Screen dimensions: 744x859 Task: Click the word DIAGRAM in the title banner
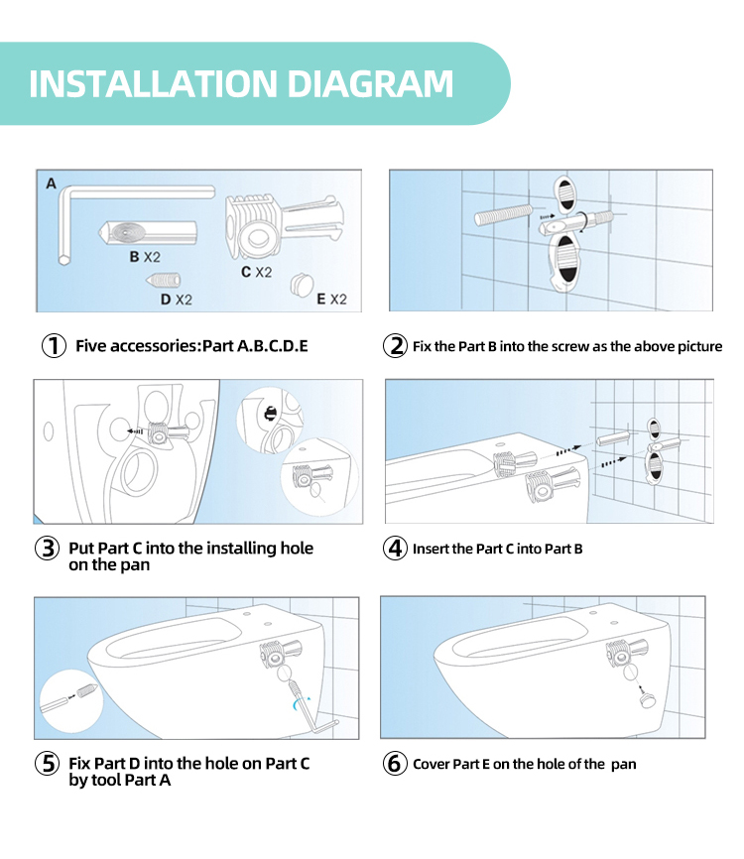370,84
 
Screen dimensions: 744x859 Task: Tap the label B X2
145,257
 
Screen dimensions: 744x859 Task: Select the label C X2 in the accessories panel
256,272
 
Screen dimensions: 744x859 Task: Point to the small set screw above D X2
164,281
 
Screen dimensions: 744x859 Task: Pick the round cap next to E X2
301,284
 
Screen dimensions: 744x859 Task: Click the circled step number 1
55,345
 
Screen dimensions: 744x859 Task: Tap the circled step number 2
395,345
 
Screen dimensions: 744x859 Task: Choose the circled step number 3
47,549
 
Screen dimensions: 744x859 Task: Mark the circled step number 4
395,549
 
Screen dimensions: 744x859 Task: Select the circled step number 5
47,764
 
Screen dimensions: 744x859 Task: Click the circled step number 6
395,764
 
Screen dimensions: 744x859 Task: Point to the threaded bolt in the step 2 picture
504,214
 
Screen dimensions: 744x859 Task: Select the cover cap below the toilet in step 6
647,699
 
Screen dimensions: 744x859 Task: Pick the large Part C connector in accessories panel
285,226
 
